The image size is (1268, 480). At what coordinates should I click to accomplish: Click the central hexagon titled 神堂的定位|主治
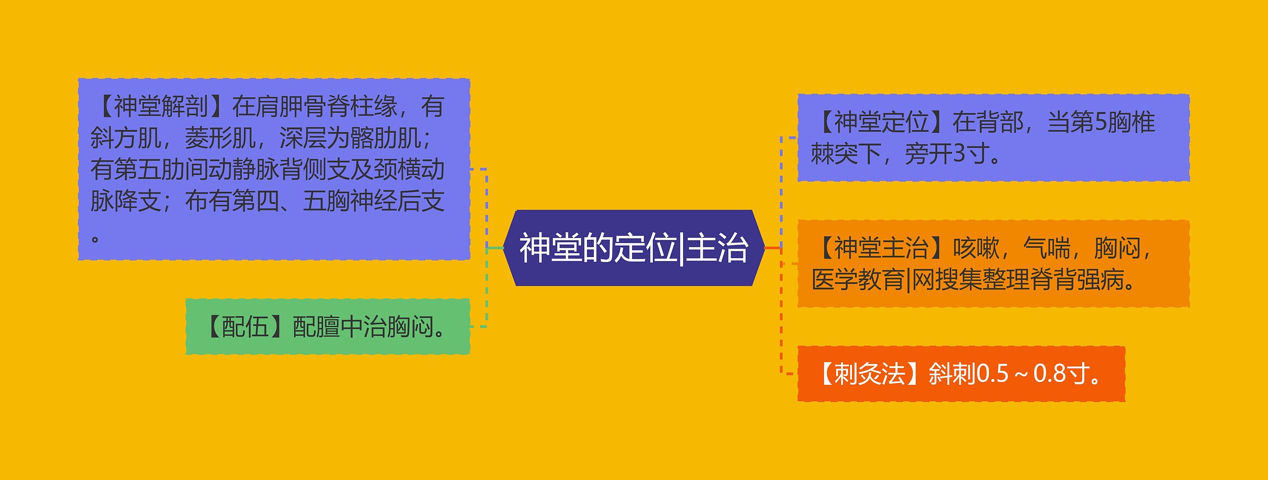click(634, 248)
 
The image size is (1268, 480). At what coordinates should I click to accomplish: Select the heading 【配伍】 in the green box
click(245, 327)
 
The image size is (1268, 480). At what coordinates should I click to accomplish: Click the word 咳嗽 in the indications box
click(976, 248)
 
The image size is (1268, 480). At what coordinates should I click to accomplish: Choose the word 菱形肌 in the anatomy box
click(220, 138)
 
